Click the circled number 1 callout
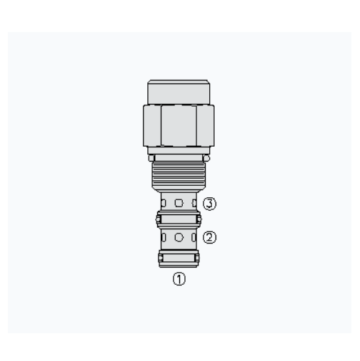tap(179, 278)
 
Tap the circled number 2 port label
tap(210, 237)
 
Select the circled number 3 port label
tap(210, 204)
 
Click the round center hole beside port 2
tap(179, 237)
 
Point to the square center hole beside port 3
tap(179, 203)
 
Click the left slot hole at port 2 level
tap(164, 237)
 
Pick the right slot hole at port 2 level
tap(194, 237)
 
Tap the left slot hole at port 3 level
tap(164, 203)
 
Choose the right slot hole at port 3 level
tap(194, 203)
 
